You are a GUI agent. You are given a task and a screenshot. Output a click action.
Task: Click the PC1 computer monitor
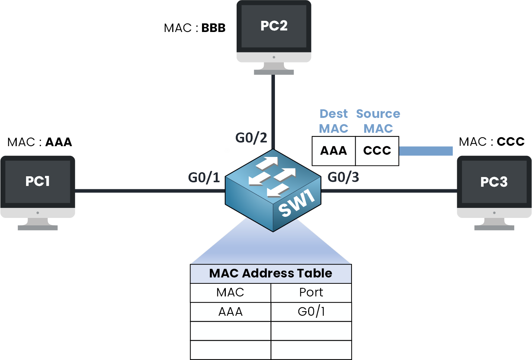(38, 186)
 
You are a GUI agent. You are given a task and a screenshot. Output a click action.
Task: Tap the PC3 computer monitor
(494, 186)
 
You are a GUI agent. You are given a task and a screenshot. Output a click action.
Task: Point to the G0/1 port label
(204, 178)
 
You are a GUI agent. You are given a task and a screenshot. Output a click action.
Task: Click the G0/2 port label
(251, 138)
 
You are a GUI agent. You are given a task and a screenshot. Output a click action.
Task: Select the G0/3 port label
(343, 177)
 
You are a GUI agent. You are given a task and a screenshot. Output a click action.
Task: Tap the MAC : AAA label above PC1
(39, 142)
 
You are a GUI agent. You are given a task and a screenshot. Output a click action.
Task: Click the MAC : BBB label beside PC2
(195, 28)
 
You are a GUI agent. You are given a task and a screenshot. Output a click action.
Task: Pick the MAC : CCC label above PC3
(491, 142)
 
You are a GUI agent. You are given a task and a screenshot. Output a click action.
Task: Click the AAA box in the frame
(334, 151)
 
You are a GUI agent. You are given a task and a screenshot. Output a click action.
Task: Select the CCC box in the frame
(377, 151)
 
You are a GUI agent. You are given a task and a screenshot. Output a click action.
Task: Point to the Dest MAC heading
(334, 121)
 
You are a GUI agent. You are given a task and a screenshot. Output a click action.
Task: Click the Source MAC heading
(378, 121)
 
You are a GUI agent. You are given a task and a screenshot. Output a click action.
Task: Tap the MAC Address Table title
(270, 273)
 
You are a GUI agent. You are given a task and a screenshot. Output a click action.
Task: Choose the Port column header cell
(311, 293)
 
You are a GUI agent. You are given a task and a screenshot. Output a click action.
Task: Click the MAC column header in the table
(230, 293)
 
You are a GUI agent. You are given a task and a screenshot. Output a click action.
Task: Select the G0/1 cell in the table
(311, 312)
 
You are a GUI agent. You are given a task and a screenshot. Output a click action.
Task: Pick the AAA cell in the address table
(230, 312)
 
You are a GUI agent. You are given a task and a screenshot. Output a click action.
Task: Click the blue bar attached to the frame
(426, 151)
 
